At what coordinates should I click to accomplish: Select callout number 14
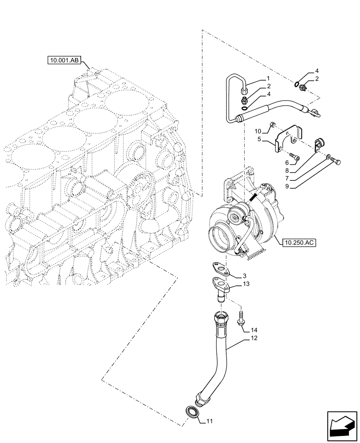pos(253,330)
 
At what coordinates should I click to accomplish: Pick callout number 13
pos(246,284)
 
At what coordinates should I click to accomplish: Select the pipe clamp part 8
pos(319,143)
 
